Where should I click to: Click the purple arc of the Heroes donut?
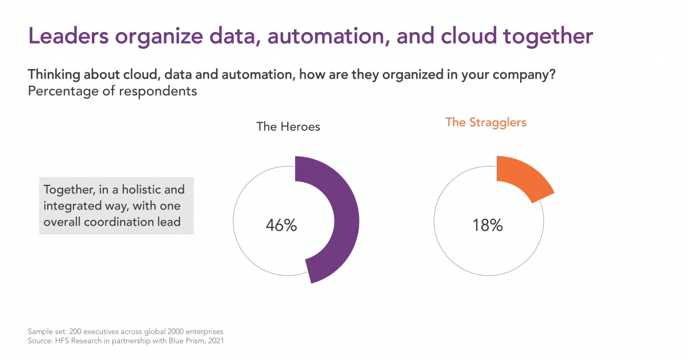pos(346,220)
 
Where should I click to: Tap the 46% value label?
pos(281,225)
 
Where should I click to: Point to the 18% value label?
pos(487,225)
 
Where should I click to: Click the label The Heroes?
pos(288,127)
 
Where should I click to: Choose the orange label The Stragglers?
pos(486,123)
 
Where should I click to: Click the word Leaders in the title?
pos(68,36)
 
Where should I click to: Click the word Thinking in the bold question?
pos(54,75)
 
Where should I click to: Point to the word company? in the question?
pos(524,75)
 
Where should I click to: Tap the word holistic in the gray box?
pos(141,189)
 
